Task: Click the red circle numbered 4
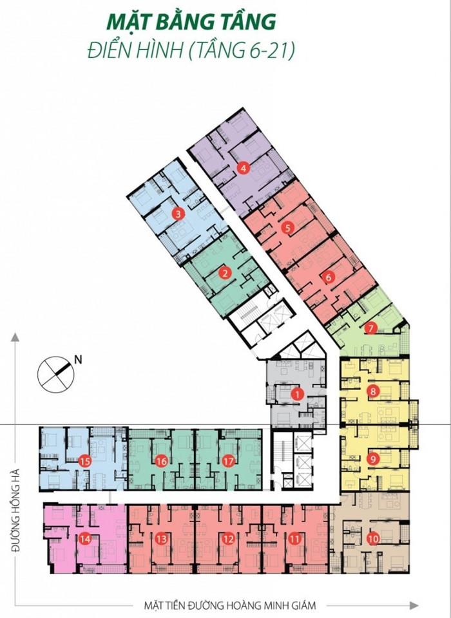[x=244, y=169]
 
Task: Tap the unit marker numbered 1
[x=298, y=394]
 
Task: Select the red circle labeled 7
[x=370, y=328]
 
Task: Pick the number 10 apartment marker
[x=373, y=538]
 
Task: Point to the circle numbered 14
[x=85, y=538]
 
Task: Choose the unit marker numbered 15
[x=85, y=461]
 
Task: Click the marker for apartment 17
[x=229, y=461]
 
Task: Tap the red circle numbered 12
[x=229, y=538]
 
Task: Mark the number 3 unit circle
[x=178, y=214]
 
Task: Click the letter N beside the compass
[x=79, y=359]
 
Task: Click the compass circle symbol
[x=55, y=375]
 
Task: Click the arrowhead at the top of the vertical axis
[x=15, y=337]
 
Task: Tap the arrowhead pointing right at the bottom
[x=414, y=605]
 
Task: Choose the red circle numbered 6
[x=329, y=277]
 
